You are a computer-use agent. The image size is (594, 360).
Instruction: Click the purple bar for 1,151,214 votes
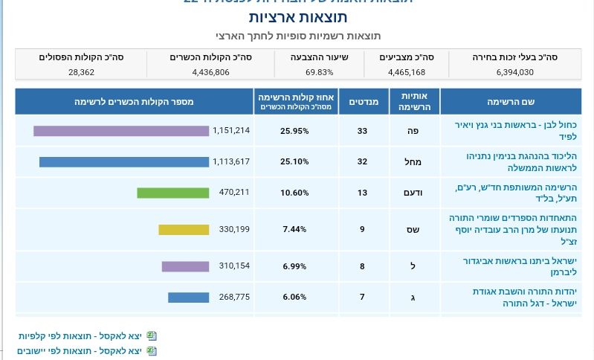[x=121, y=131]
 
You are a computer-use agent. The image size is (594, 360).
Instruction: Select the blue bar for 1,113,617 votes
[x=124, y=161]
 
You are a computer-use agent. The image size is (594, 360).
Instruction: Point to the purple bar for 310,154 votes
[x=185, y=266]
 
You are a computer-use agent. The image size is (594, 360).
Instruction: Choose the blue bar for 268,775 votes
[x=188, y=298]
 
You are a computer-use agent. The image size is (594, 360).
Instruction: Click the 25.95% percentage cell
[x=294, y=131]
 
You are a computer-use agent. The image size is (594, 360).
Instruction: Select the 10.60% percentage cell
[x=294, y=193]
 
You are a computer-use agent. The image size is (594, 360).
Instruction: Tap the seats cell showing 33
[x=362, y=131]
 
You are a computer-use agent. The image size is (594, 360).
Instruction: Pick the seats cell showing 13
[x=362, y=193]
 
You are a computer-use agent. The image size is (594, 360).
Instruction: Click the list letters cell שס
[x=413, y=229]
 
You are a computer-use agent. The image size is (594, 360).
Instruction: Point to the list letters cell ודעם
[x=413, y=193]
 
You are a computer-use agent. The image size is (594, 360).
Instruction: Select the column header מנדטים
[x=364, y=101]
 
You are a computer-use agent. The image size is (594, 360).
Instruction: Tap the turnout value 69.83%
[x=319, y=72]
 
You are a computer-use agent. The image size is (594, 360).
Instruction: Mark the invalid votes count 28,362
[x=81, y=72]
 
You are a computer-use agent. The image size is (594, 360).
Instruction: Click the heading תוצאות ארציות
[x=297, y=17]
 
